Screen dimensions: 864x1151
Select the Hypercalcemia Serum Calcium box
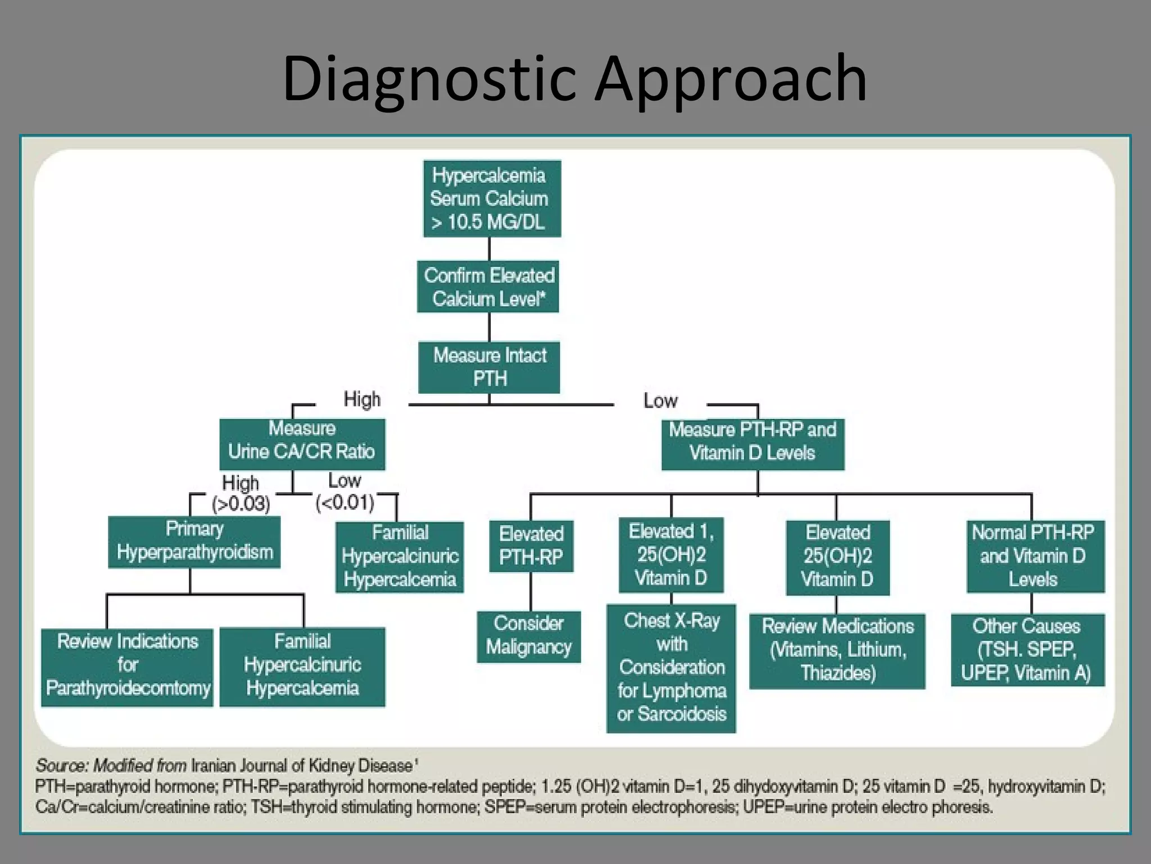pos(492,199)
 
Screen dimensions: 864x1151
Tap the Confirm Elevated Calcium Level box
pos(488,286)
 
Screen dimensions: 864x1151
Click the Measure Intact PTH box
pos(489,367)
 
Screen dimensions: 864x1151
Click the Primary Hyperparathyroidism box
pos(194,542)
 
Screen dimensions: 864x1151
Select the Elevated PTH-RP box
pos(531,546)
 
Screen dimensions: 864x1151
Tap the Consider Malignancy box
pos(528,636)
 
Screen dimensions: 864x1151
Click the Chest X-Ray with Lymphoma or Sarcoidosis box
pos(671,668)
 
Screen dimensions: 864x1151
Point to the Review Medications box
pos(837,650)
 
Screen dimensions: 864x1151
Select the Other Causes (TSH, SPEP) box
pos(1027,650)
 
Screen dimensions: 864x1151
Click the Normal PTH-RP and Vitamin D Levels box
pos(1035,556)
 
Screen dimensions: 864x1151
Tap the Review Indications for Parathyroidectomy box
pos(127,667)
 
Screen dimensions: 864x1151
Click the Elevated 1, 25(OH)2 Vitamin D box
pos(670,555)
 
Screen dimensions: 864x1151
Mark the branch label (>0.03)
pos(241,503)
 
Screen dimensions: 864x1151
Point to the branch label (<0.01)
pos(345,502)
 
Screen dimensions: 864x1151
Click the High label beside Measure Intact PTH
pos(362,399)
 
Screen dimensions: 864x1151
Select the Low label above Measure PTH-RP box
pos(660,401)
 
